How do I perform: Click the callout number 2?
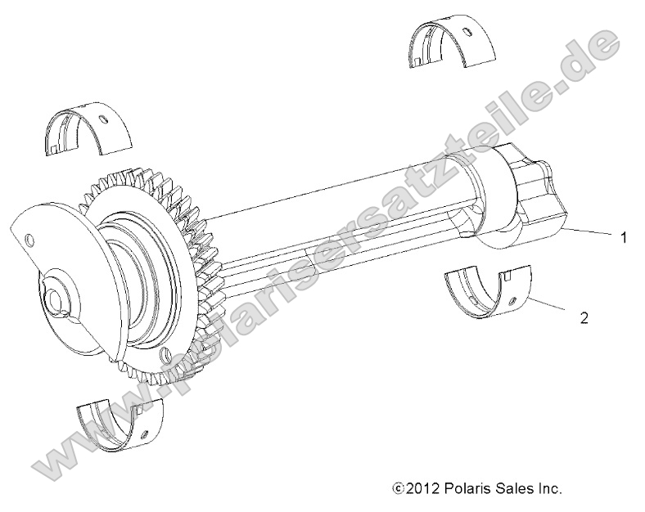[584, 317]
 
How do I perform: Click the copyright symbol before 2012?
[400, 489]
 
